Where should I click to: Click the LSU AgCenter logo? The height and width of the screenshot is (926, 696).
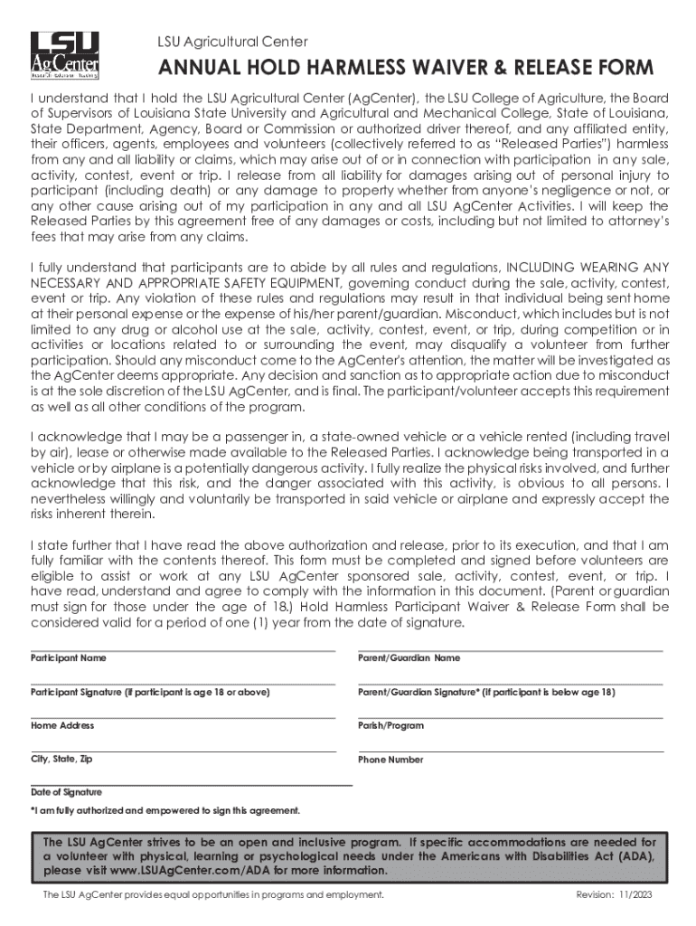65,54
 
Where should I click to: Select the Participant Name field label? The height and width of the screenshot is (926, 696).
69,657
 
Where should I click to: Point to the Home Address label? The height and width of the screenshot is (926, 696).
62,725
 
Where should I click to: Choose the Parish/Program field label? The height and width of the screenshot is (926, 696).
390,725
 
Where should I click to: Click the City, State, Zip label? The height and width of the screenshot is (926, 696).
61,759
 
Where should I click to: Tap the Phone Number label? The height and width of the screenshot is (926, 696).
390,760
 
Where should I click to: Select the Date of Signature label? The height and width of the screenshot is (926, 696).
66,791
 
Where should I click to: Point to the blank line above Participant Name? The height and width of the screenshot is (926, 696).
183,650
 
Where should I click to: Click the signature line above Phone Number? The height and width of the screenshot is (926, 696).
511,751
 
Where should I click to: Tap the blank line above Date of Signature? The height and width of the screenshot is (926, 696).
191,785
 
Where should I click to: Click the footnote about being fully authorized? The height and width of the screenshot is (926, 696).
165,809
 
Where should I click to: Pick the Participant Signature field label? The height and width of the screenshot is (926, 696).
150,692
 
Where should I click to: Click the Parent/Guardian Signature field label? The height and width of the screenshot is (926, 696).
486,692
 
